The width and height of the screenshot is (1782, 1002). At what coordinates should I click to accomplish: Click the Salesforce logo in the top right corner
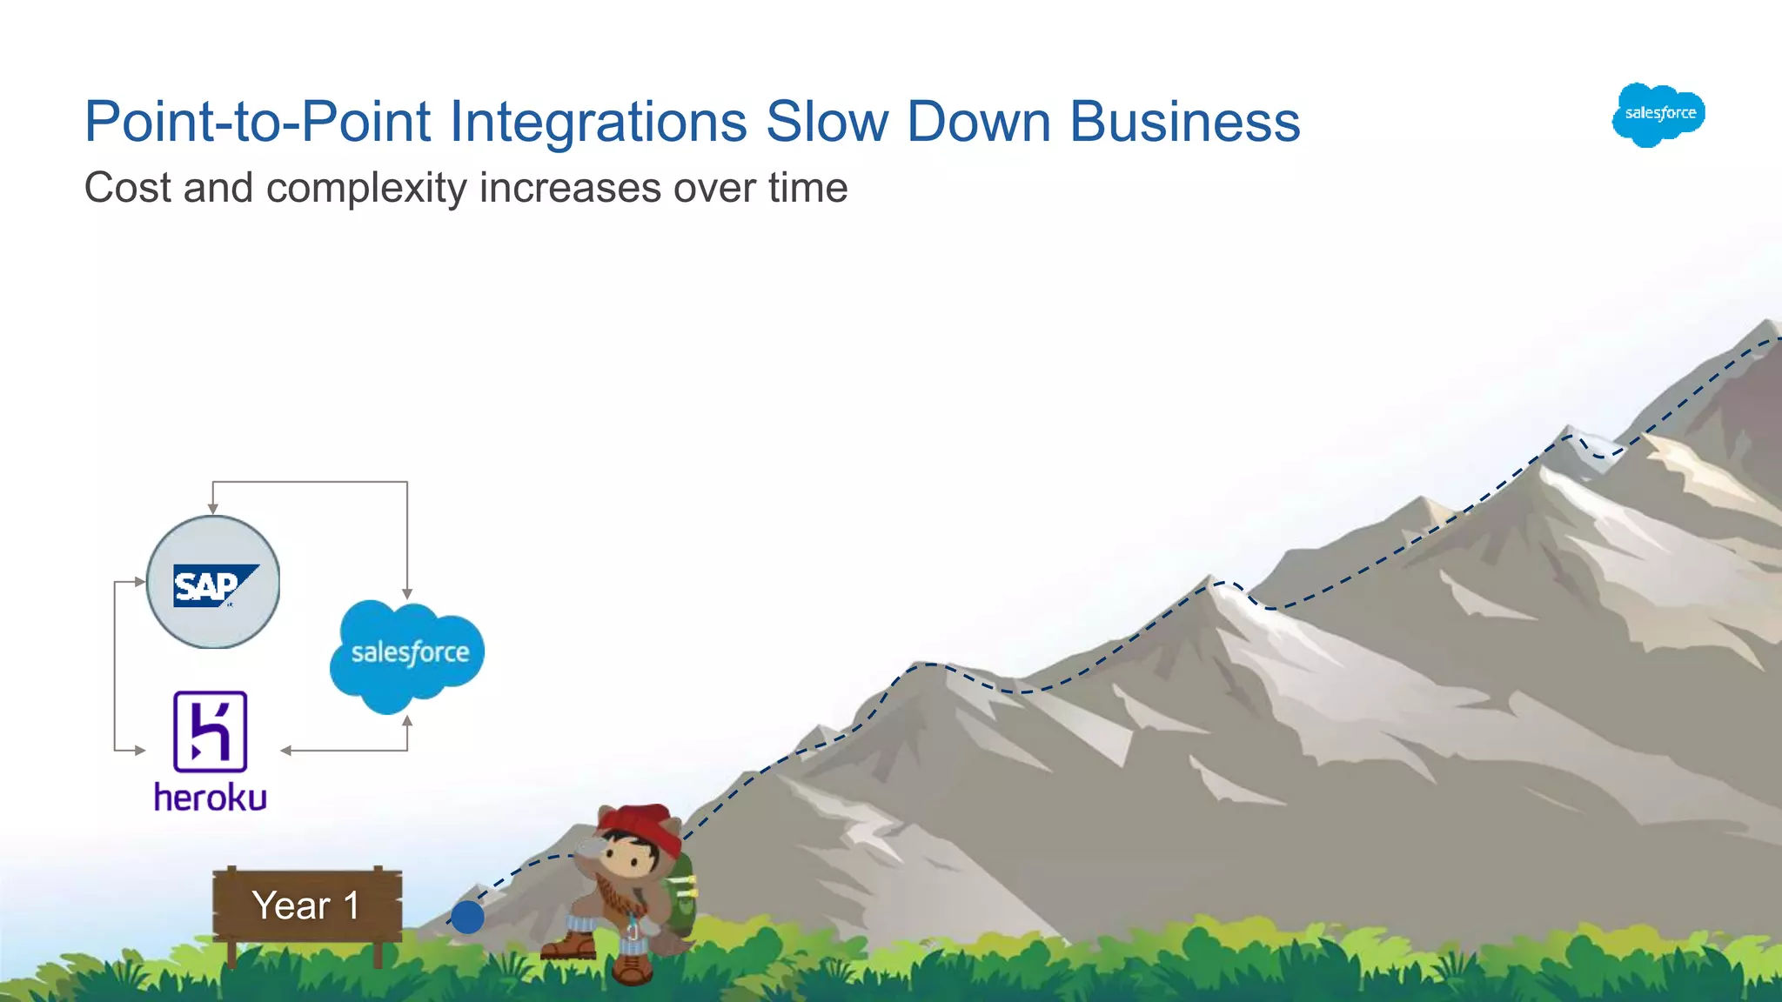coord(1658,115)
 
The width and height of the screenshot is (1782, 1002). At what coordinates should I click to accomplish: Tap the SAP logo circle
coord(213,583)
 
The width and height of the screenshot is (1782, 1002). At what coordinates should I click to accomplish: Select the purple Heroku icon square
coord(211,731)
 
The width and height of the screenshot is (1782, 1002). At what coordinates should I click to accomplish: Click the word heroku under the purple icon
coord(211,798)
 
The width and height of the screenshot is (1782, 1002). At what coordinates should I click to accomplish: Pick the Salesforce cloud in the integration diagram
coord(407,654)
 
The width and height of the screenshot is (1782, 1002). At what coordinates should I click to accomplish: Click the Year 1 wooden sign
coord(306,905)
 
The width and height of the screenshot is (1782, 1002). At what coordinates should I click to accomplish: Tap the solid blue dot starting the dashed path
coord(467,917)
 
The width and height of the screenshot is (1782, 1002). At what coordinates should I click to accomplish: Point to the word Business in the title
coord(1184,122)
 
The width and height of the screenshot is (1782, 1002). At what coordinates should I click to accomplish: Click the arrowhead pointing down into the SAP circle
coord(213,509)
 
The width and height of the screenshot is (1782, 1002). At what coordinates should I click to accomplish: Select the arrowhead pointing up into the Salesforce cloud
coord(407,721)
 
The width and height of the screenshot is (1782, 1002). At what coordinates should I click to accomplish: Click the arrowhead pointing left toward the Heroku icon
coord(285,750)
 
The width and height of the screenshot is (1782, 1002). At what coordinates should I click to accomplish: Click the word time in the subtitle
coord(807,189)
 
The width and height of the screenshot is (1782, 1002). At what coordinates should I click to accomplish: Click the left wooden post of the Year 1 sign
coord(231,955)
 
